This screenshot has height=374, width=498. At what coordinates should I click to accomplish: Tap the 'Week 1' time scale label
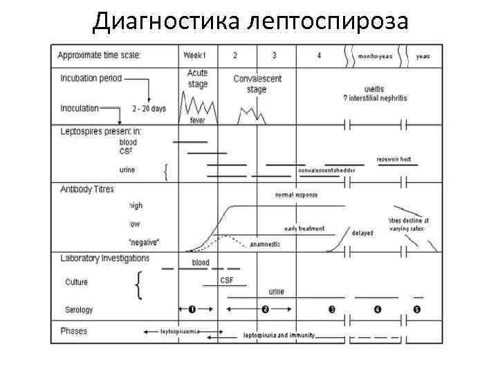coord(199,55)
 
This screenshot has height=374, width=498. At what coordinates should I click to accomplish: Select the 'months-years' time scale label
coord(374,56)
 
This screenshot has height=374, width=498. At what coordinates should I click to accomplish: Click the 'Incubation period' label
coord(91,78)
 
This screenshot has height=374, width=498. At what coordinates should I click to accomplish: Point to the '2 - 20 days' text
coord(149,109)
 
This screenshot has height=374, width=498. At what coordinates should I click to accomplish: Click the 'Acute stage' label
coord(197,78)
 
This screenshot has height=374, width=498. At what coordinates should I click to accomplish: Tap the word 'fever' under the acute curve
coord(197,120)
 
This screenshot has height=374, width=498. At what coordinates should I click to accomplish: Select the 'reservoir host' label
coord(394,159)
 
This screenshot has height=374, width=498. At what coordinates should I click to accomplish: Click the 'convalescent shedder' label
coord(327,170)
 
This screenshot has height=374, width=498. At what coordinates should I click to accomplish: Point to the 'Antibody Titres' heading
coord(86,189)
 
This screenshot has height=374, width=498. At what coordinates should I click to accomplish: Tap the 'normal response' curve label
coord(296,195)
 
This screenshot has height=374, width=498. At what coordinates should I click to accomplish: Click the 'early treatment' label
coord(304,229)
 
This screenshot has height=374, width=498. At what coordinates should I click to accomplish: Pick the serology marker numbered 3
coord(332,309)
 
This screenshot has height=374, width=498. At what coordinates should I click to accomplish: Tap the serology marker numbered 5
coord(417,309)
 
